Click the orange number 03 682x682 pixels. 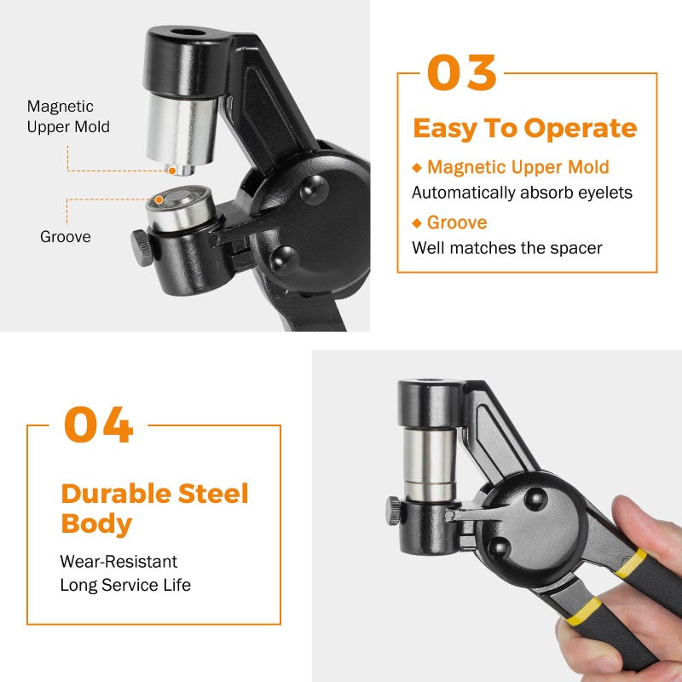[x=461, y=73]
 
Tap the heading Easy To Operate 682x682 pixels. [x=524, y=128]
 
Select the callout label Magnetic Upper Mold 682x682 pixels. [x=68, y=117]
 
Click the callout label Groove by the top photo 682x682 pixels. [x=65, y=237]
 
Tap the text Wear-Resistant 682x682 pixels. [x=118, y=562]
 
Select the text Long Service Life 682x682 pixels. [x=124, y=585]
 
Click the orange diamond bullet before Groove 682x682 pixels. [x=417, y=223]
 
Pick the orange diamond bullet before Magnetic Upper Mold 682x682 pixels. [x=417, y=168]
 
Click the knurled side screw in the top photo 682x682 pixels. [x=141, y=248]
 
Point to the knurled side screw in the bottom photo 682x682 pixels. [x=394, y=511]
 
